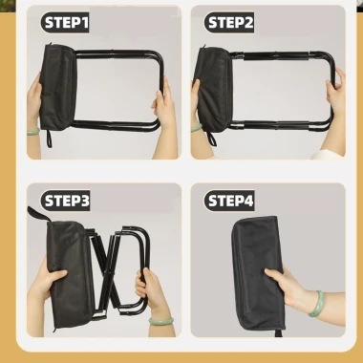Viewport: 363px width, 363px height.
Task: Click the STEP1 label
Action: click(65, 23)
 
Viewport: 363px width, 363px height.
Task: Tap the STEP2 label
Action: click(229, 23)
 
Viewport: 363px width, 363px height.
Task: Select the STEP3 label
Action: click(65, 201)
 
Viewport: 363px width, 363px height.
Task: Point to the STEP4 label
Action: click(229, 201)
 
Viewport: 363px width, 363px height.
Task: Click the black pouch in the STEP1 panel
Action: click(58, 87)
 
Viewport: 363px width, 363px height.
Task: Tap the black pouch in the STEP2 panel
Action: click(214, 89)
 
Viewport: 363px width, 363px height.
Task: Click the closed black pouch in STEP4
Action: click(257, 273)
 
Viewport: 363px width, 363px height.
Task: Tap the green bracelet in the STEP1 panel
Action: click(33, 131)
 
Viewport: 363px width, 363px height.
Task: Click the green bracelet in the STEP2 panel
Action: click(197, 128)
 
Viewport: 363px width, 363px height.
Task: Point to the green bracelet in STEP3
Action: click(161, 320)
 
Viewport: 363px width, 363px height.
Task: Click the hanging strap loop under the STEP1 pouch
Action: click(49, 139)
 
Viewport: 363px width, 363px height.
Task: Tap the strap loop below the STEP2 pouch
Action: click(211, 139)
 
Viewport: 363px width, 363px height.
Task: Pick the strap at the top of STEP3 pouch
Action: click(39, 214)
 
